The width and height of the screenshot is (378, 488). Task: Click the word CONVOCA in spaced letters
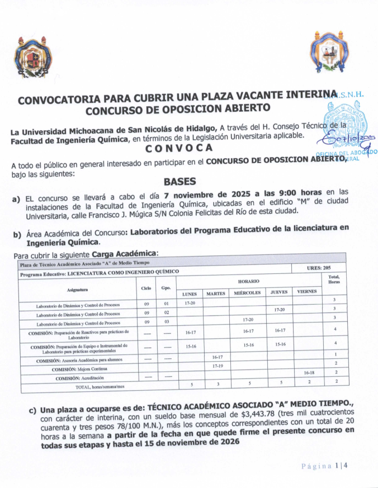[179, 149]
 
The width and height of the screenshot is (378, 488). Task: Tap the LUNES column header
[190, 292]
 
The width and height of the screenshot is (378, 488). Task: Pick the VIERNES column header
[306, 291]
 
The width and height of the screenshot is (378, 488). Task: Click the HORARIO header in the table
[248, 281]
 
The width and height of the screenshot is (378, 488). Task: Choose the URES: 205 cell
[319, 268]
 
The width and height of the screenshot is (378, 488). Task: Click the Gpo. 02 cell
[166, 312]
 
